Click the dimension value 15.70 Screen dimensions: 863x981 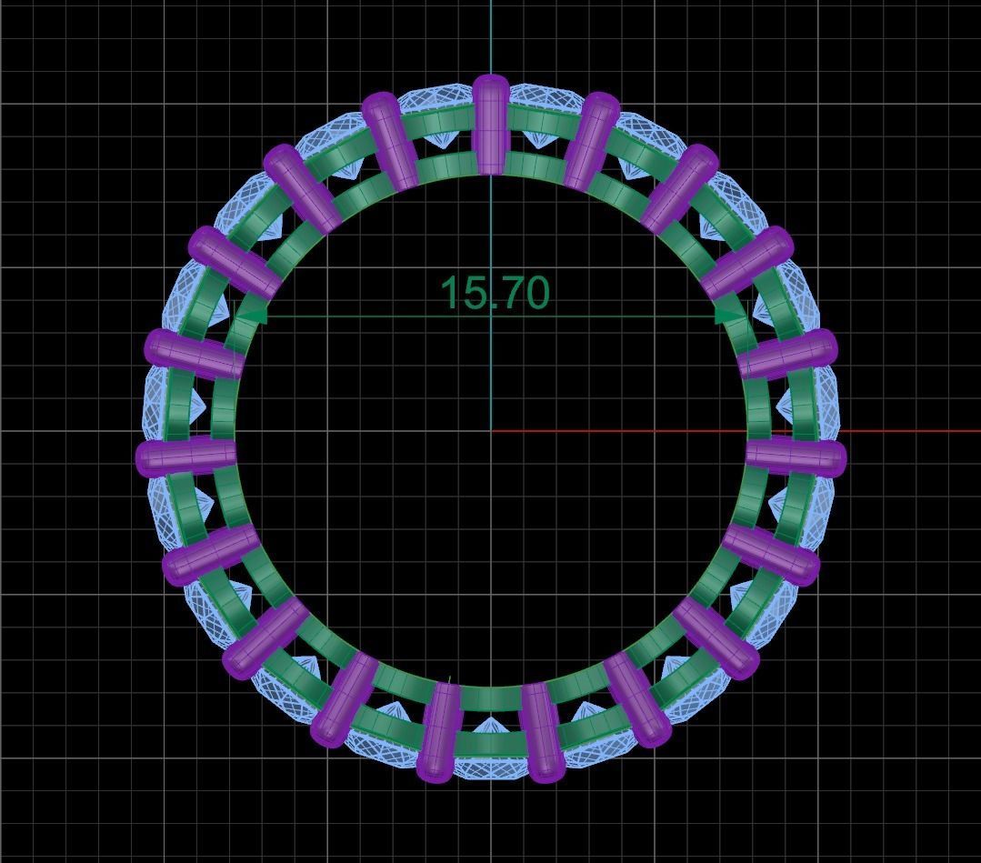[495, 293]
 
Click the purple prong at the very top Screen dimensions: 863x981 [491, 123]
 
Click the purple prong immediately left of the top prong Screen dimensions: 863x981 [391, 141]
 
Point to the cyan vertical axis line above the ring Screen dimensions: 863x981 [491, 36]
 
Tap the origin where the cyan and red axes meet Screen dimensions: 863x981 [491, 431]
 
